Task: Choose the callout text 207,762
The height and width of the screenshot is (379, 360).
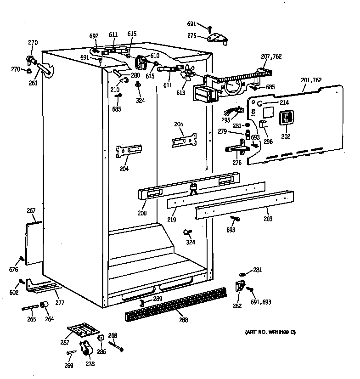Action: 271,57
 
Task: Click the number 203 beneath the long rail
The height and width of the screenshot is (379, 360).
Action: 268,219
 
